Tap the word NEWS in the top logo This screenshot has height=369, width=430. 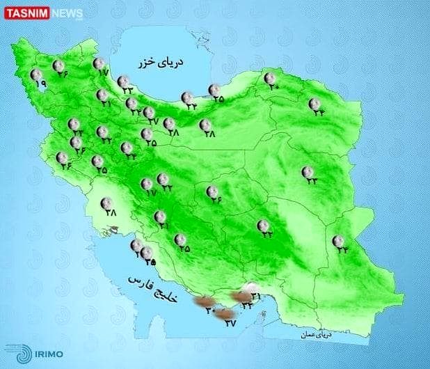(67, 13)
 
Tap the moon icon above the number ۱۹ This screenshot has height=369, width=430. (36, 74)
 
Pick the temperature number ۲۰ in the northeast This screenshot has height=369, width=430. (271, 88)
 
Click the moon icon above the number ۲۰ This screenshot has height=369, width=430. (269, 78)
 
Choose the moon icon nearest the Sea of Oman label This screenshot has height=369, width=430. (338, 241)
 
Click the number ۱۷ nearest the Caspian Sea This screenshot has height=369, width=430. (104, 72)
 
